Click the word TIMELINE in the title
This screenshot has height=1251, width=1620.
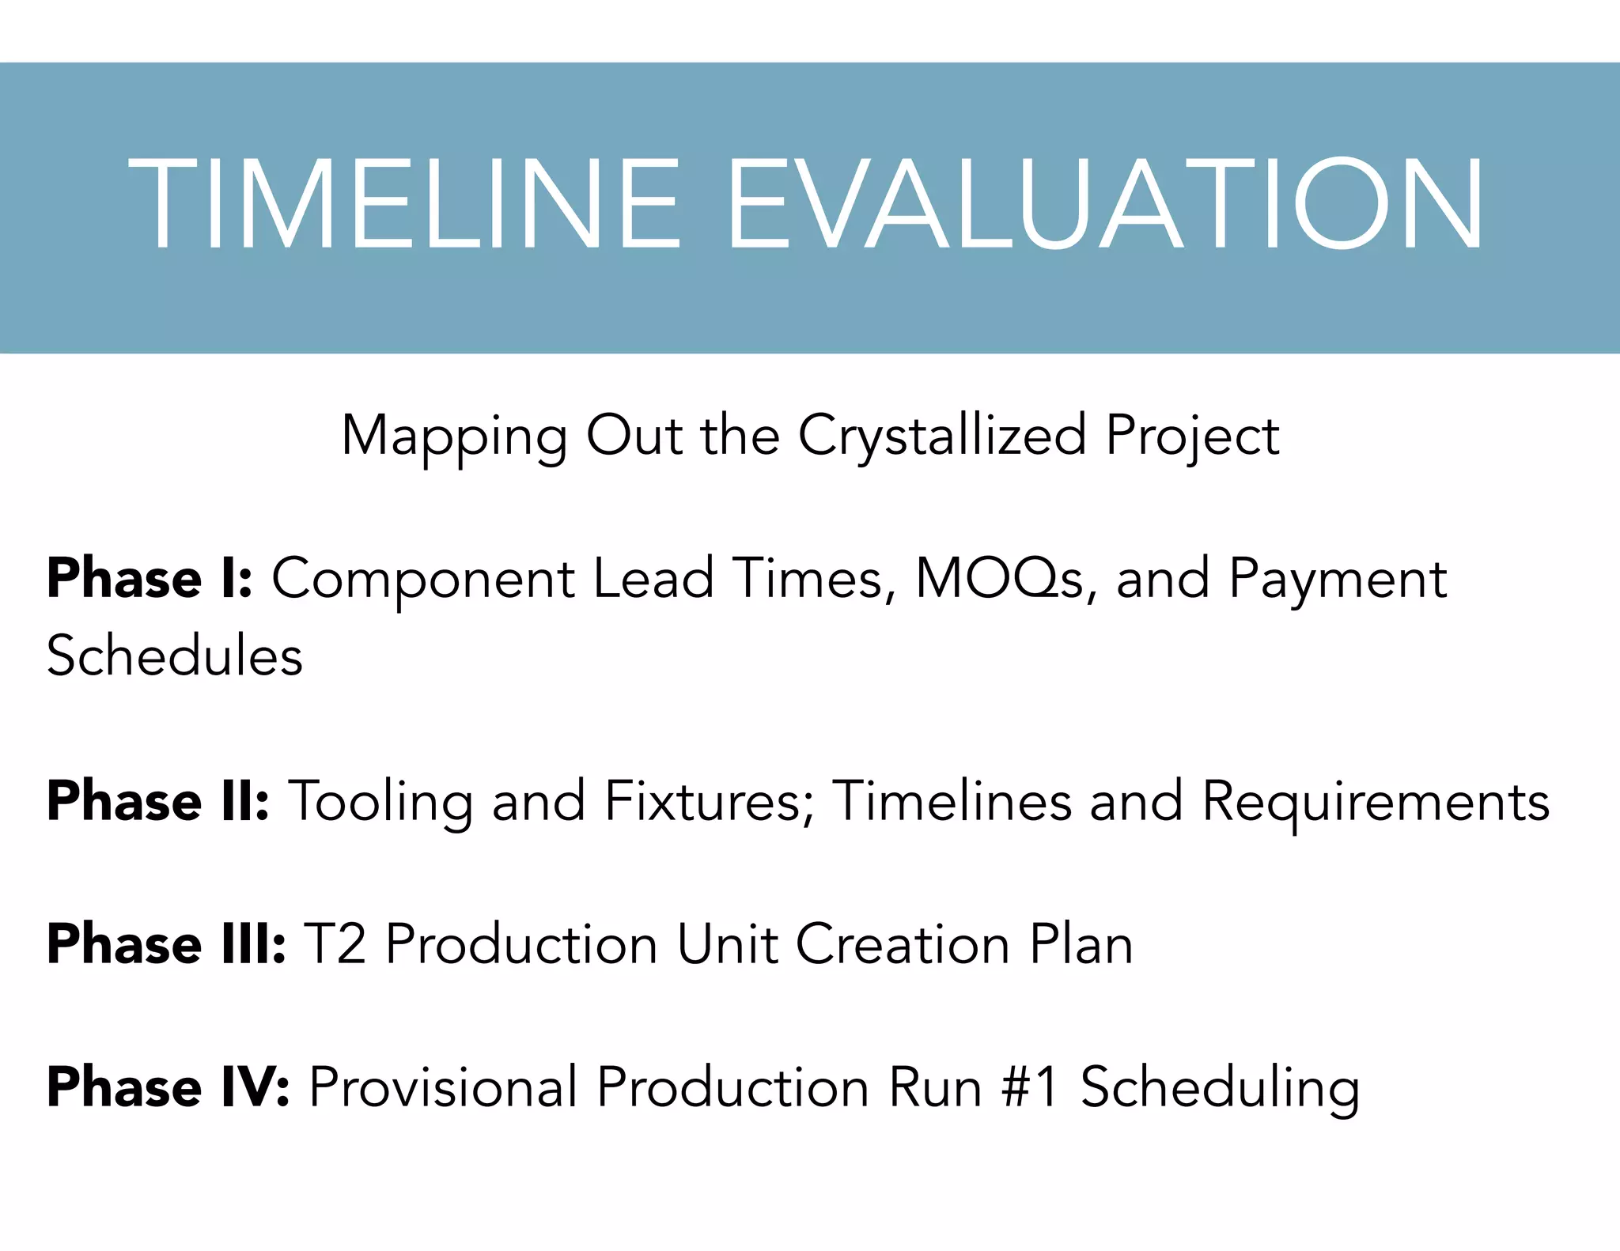(404, 204)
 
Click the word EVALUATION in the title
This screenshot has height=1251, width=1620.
(1104, 204)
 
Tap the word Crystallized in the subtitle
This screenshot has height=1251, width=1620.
(941, 437)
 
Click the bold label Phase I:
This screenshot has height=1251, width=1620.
(150, 578)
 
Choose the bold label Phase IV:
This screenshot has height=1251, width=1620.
(168, 1087)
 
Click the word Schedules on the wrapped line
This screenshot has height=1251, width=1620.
(175, 656)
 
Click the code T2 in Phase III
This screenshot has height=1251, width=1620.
(335, 944)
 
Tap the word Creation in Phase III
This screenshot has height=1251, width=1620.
(903, 944)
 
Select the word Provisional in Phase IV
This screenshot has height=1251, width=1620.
(443, 1087)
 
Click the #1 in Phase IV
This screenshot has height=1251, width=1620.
(1029, 1087)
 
